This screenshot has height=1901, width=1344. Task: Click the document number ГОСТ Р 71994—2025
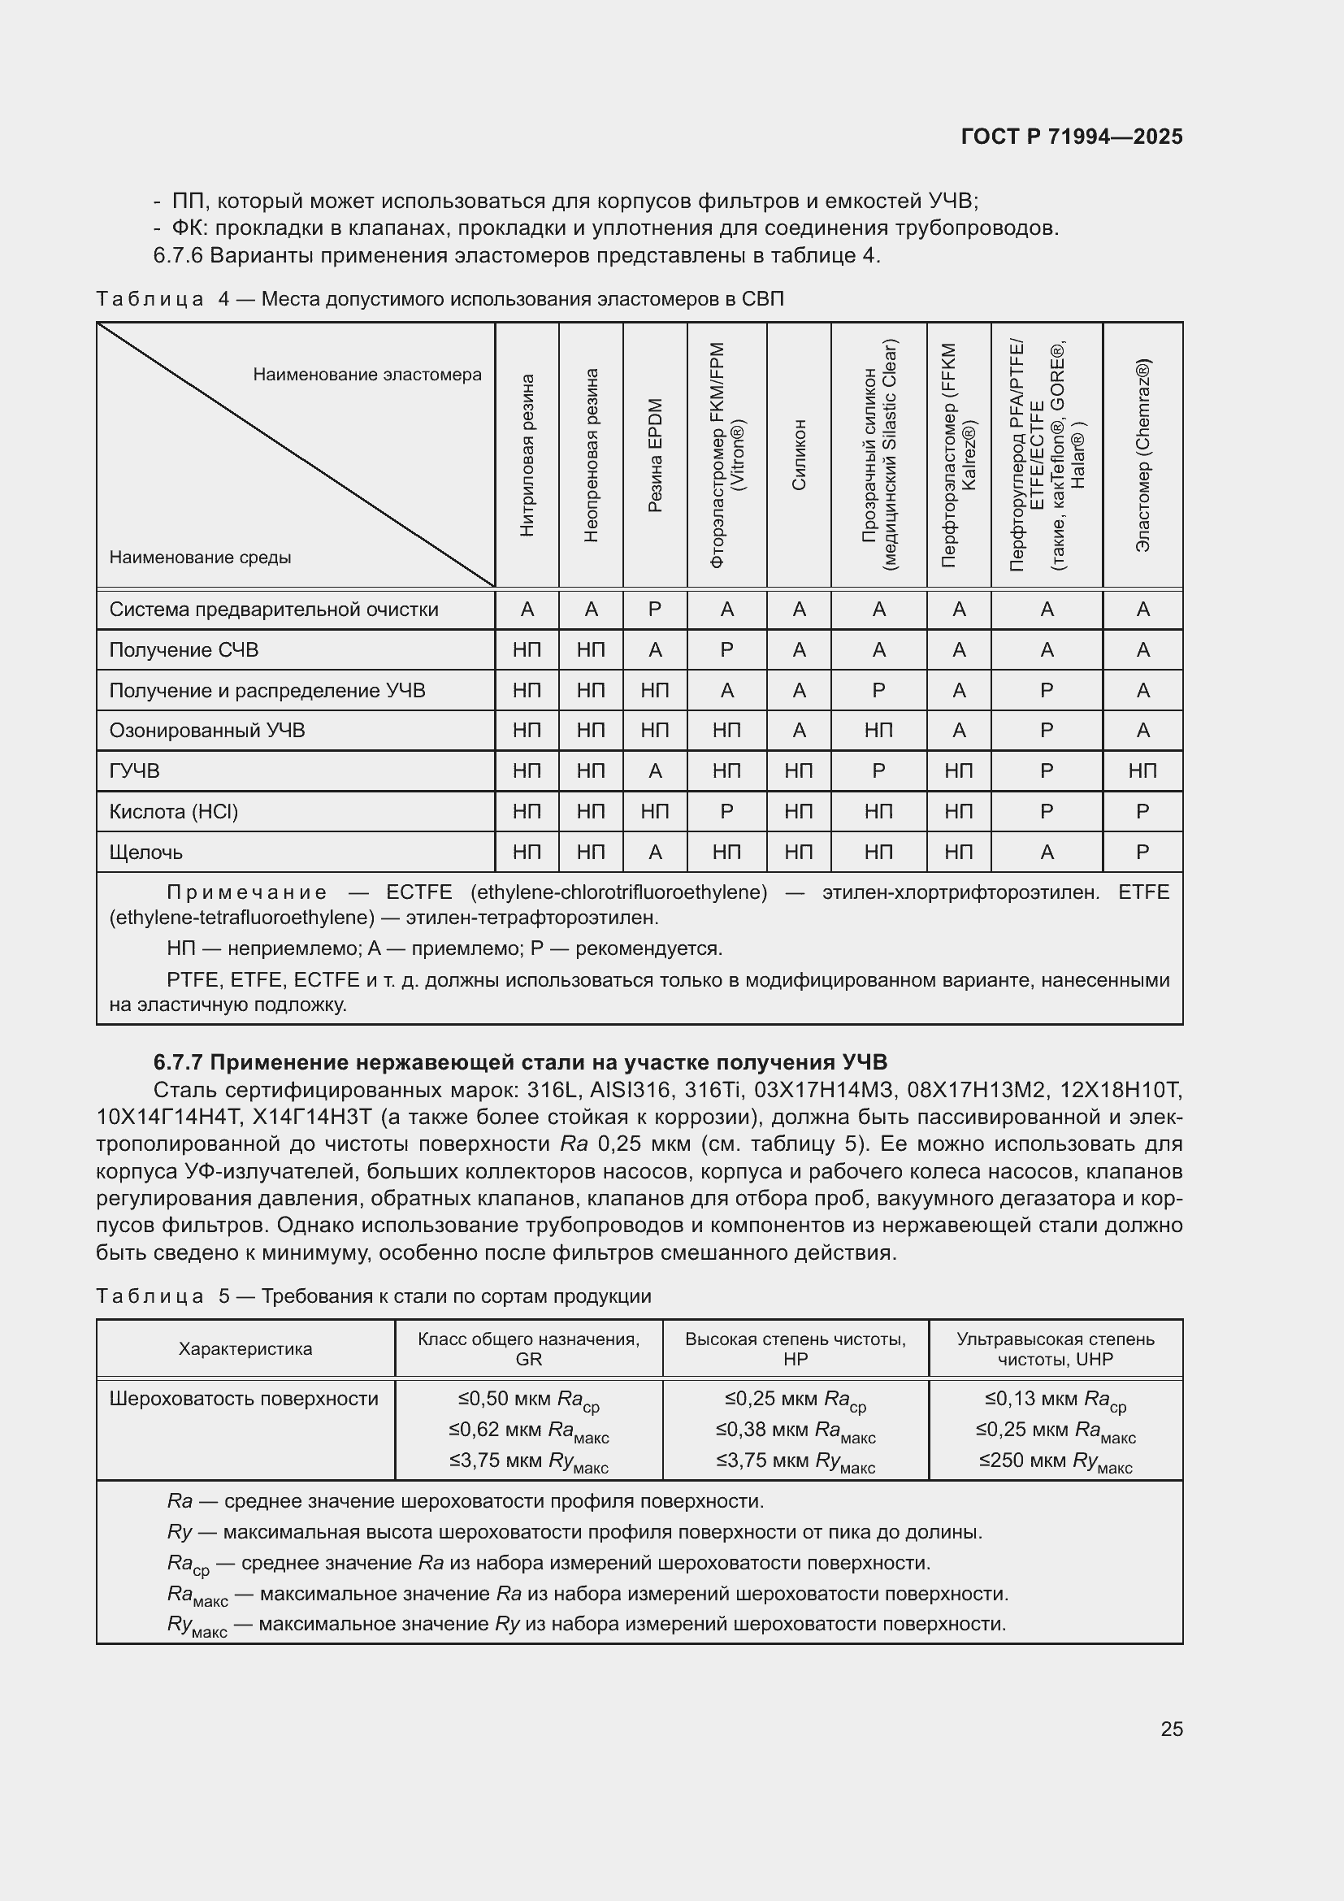(1072, 137)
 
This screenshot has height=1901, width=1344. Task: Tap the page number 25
(1171, 1729)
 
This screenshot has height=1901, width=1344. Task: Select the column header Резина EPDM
(655, 455)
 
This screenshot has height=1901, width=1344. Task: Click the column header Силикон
(799, 455)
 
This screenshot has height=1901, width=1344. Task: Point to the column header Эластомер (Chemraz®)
(1143, 455)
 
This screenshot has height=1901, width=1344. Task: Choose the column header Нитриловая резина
(527, 455)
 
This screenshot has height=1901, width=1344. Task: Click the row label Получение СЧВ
(184, 650)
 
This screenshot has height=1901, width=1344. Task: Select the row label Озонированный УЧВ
(207, 731)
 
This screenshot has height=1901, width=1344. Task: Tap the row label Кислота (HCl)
(174, 811)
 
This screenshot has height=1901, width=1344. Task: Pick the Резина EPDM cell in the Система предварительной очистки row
(655, 610)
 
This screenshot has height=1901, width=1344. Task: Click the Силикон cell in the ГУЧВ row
(799, 770)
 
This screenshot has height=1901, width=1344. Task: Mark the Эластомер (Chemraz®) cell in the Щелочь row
(1143, 852)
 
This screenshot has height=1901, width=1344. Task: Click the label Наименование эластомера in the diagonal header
(366, 375)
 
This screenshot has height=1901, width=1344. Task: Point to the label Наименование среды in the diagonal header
(200, 558)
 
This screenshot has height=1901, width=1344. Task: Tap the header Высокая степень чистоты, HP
(796, 1349)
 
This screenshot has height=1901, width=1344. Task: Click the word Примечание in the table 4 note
(247, 892)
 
